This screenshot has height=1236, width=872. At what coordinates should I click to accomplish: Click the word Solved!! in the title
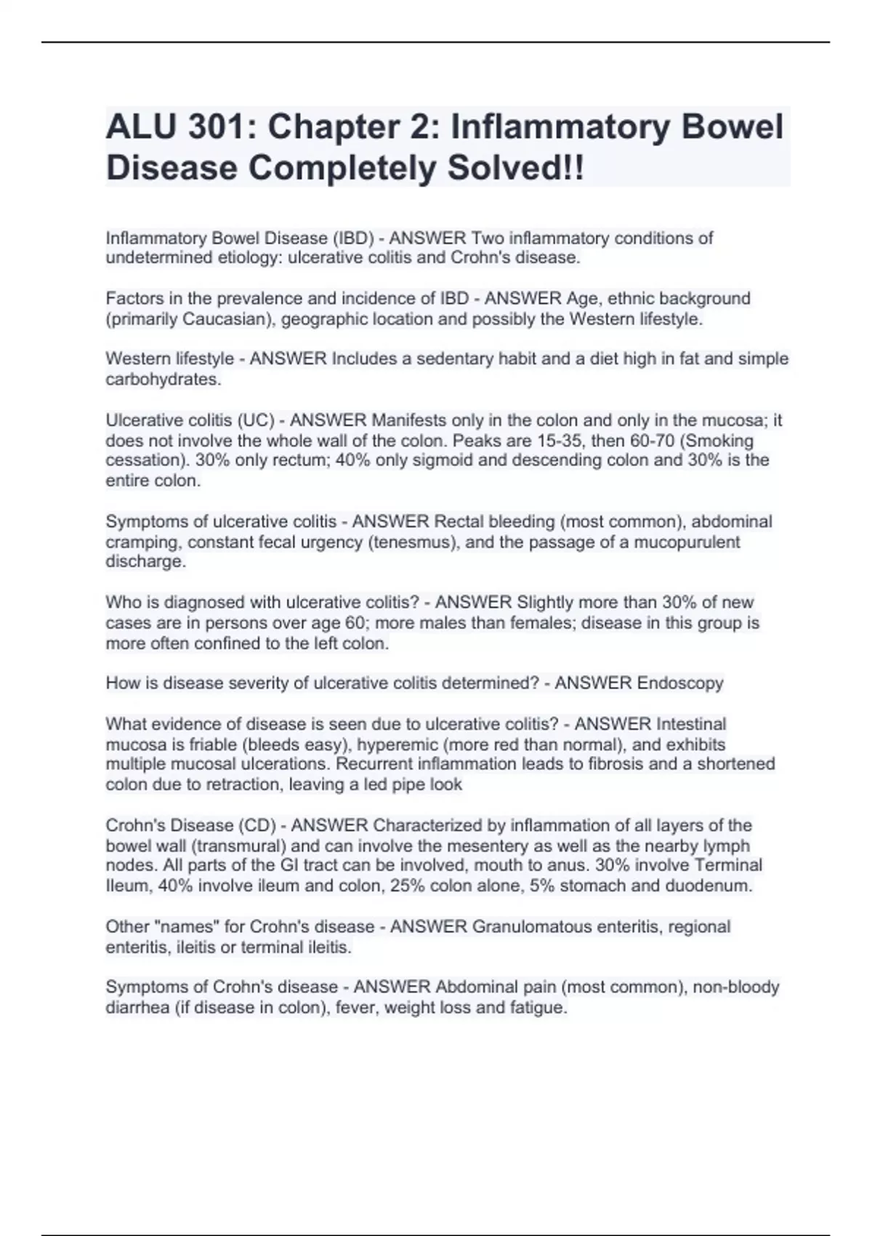(514, 168)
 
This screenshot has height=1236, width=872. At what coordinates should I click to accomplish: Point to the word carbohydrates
(163, 379)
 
